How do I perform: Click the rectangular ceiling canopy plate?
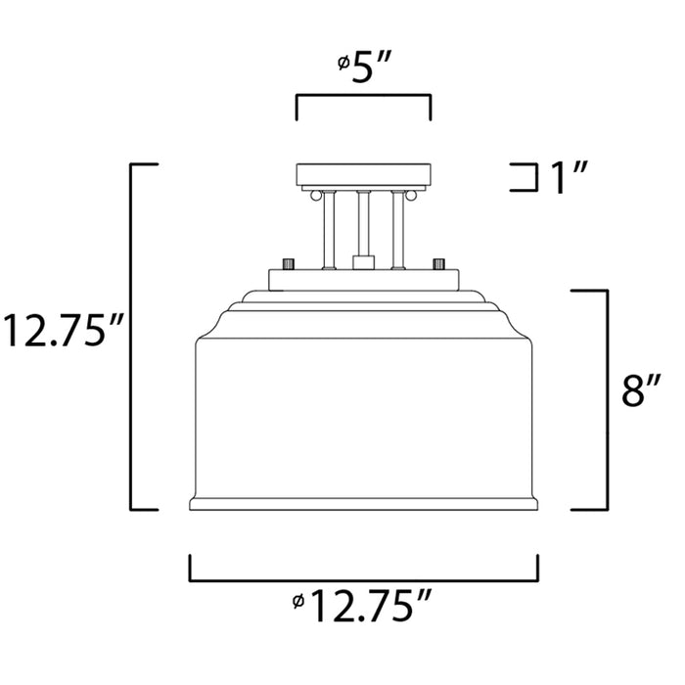pos(363,175)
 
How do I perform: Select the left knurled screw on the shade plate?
pos(288,264)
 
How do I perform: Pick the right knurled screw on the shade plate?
pos(439,264)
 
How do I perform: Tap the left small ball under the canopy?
pos(314,196)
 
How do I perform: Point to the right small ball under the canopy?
pos(413,196)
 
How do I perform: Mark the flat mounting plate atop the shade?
pos(363,279)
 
